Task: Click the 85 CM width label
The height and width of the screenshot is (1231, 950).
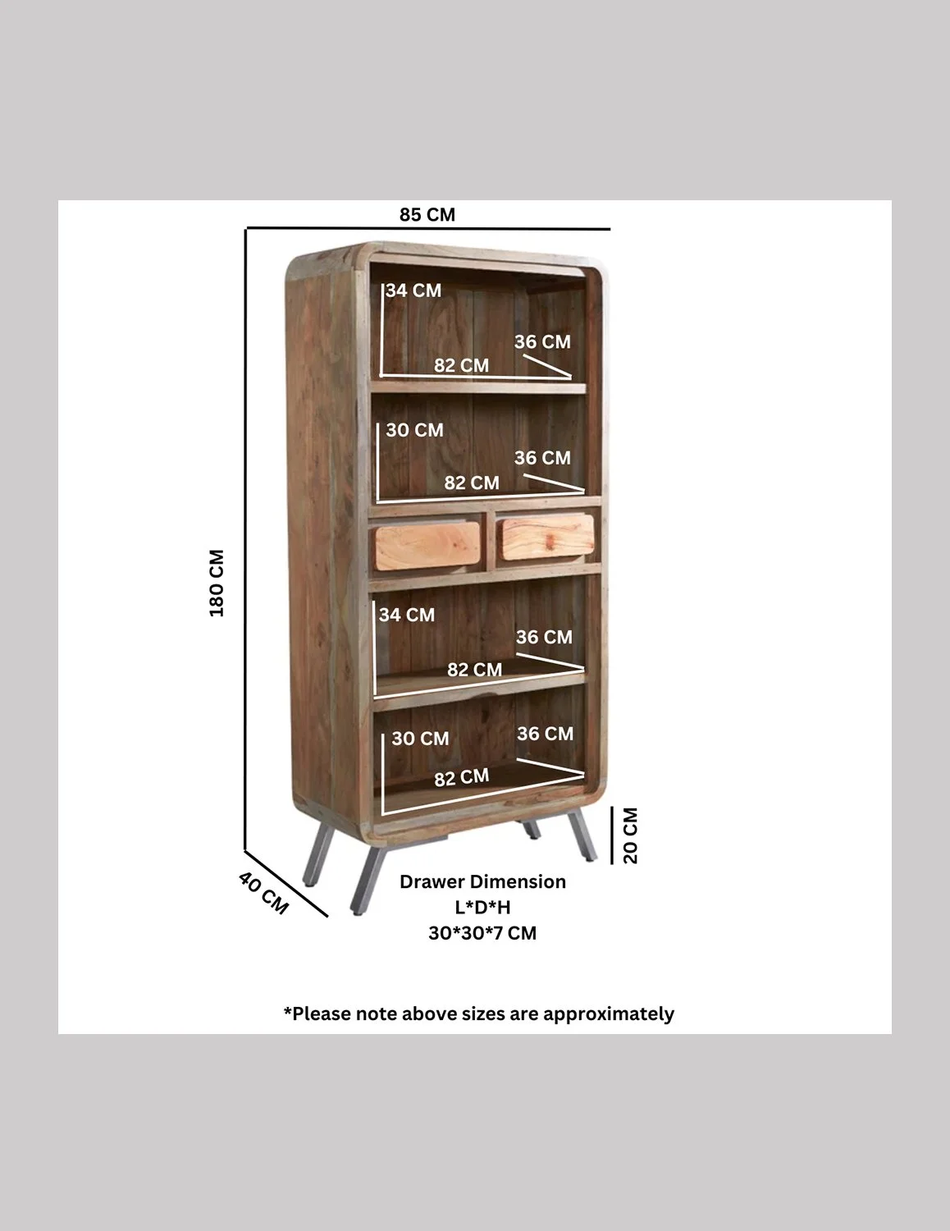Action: (427, 215)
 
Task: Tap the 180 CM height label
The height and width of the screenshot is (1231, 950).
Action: (217, 583)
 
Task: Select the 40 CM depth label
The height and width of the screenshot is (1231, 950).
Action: (263, 893)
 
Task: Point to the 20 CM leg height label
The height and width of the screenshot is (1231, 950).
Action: (630, 835)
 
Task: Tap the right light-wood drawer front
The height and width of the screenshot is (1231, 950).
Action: (547, 537)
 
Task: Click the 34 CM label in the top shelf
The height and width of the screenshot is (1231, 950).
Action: (413, 291)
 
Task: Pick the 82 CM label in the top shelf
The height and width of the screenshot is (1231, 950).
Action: (461, 365)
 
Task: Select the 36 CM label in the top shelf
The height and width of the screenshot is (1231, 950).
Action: (542, 341)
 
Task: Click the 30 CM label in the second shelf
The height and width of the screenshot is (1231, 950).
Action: (414, 430)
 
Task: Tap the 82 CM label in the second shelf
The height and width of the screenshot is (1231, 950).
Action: (472, 483)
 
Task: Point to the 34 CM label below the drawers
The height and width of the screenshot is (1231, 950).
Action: (406, 615)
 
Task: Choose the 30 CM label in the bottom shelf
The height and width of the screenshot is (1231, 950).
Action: (420, 738)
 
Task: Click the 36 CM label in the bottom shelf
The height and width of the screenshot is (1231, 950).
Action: (546, 734)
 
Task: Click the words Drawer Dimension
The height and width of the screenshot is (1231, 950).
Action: (482, 881)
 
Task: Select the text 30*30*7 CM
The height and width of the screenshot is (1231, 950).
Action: (482, 933)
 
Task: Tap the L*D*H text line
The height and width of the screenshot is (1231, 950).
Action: (482, 907)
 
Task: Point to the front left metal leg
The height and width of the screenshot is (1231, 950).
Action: (367, 880)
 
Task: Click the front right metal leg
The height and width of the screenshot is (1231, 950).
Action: (582, 836)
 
